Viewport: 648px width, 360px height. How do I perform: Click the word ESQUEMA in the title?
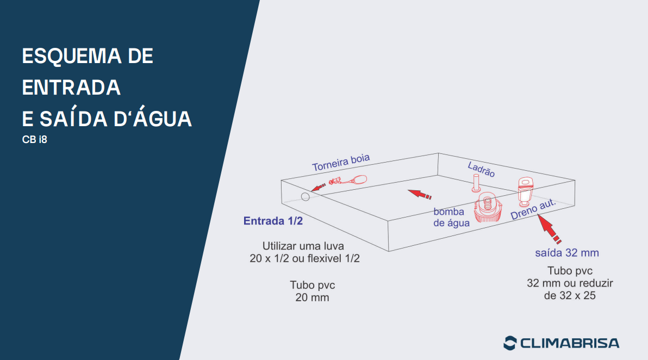(72, 56)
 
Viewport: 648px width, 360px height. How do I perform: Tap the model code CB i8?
(35, 140)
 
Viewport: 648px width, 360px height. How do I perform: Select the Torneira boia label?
(341, 163)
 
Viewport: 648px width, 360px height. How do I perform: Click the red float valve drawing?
(348, 180)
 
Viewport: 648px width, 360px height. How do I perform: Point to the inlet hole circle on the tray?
(306, 197)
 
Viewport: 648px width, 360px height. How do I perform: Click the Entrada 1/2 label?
(273, 221)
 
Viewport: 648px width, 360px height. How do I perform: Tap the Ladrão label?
(481, 170)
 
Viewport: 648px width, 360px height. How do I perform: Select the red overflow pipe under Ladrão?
(476, 183)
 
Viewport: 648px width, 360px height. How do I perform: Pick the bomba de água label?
(451, 218)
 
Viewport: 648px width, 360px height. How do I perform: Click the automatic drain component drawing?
(525, 191)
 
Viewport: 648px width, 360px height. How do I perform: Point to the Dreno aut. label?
(533, 210)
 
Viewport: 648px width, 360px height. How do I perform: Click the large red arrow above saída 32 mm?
(549, 228)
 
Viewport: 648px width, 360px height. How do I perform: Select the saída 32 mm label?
(567, 253)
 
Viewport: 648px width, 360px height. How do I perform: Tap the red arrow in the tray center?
(420, 194)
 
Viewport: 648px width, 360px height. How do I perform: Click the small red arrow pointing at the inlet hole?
(318, 188)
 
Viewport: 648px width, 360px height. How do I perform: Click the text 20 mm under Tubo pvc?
(313, 297)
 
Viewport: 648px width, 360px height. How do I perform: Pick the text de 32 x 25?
(570, 296)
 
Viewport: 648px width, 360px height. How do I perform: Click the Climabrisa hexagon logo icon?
(510, 343)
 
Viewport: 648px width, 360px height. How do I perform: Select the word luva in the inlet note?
(333, 246)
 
